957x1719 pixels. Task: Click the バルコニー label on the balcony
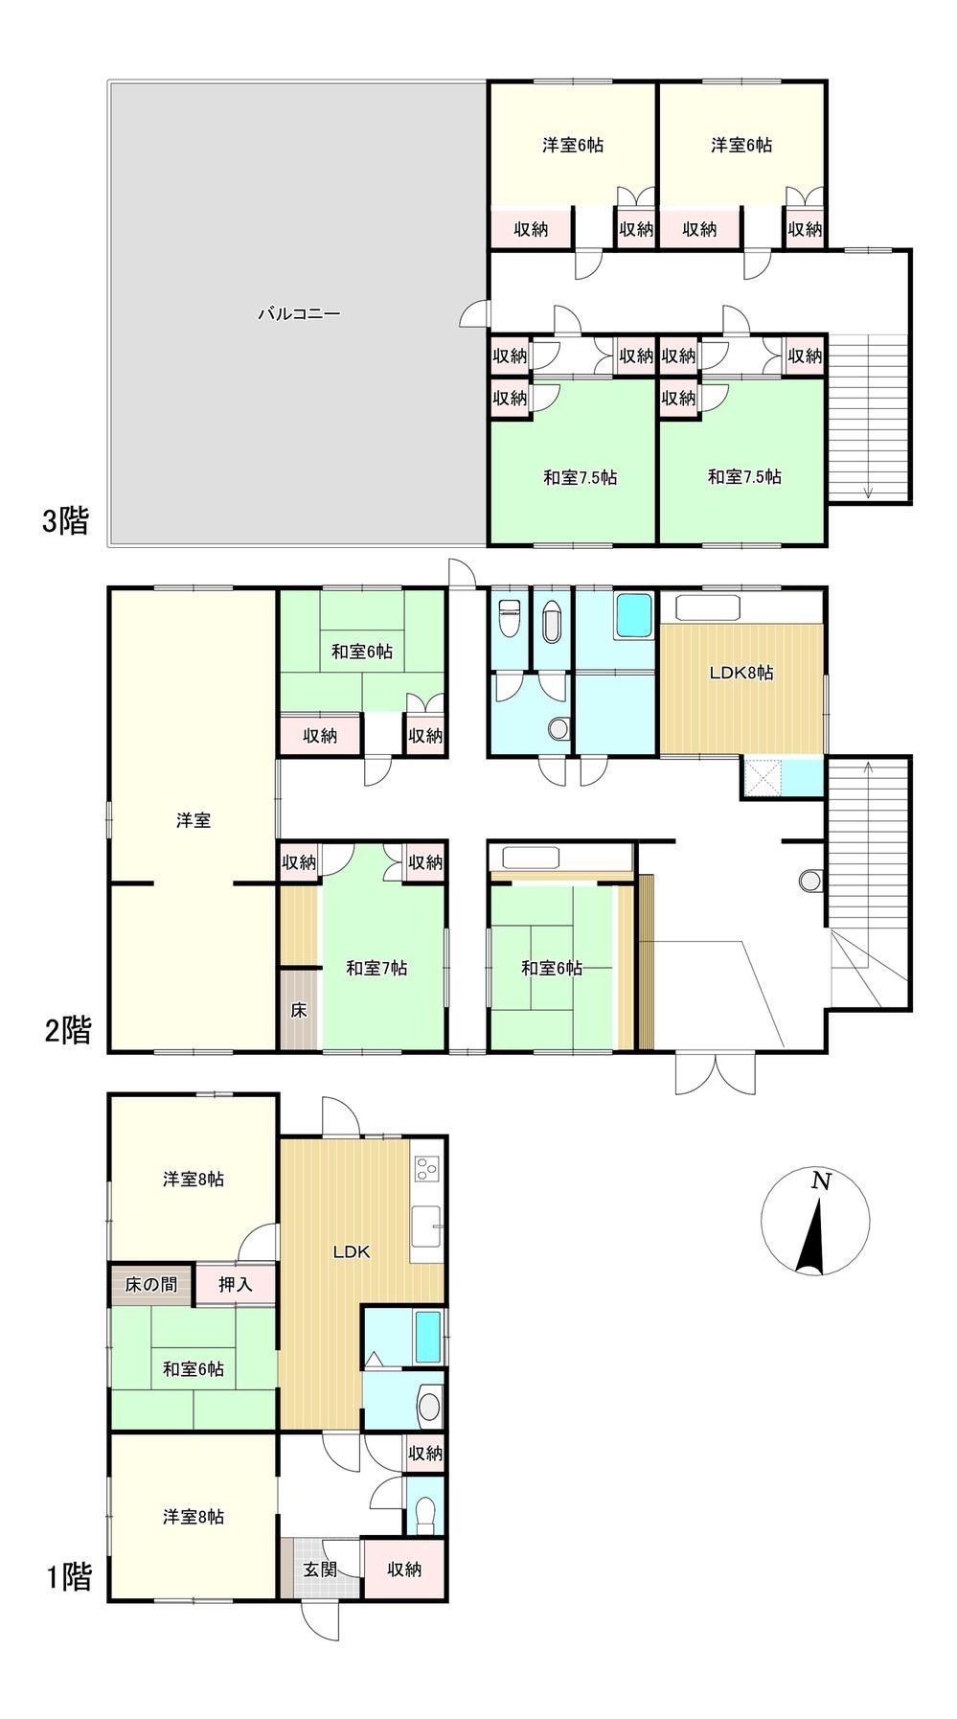click(299, 313)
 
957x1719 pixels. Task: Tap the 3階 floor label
click(65, 522)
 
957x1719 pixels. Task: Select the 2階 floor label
click(68, 1030)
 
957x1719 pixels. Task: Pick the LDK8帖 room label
click(741, 673)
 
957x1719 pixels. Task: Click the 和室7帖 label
click(376, 969)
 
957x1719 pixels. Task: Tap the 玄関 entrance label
click(319, 1570)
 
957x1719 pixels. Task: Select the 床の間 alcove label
click(151, 1284)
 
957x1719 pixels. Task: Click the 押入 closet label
click(236, 1284)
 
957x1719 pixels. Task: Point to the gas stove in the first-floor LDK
click(426, 1168)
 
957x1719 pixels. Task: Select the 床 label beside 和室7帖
click(299, 1010)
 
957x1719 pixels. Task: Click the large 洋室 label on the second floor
click(194, 820)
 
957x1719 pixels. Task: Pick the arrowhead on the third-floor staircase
click(868, 493)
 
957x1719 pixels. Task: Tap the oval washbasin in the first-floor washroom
click(430, 1407)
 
